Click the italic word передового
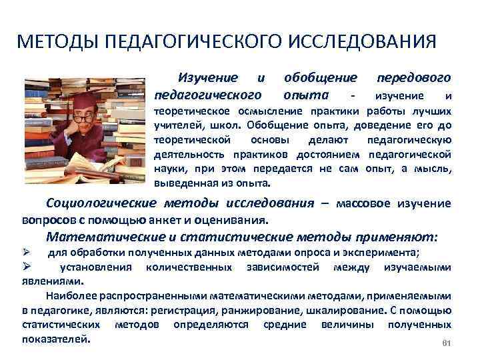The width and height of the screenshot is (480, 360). pos(415,79)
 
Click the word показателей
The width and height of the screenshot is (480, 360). pos(55,339)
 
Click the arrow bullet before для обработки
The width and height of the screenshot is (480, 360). pos(27,251)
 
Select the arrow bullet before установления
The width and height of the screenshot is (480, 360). pos(27,267)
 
